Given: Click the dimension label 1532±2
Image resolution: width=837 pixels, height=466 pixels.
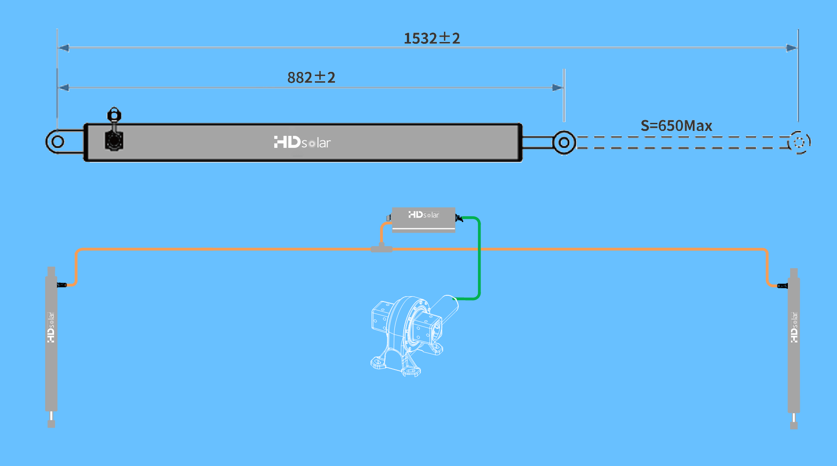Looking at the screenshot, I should (431, 38).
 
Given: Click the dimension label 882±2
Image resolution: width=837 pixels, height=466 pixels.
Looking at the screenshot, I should (311, 78).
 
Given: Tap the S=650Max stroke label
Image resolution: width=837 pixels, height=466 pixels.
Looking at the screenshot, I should (676, 126).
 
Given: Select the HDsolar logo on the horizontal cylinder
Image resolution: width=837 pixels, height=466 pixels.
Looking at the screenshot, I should (302, 143).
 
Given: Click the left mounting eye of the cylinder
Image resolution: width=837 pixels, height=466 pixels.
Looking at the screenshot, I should (58, 142).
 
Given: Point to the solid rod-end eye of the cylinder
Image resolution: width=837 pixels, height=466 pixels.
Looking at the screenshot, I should (564, 143).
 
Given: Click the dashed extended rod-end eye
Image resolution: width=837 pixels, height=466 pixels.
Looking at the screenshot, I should (799, 143).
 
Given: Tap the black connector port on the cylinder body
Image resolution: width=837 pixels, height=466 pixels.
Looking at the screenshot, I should (114, 141).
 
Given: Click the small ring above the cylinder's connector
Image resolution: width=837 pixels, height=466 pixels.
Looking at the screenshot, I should (114, 115).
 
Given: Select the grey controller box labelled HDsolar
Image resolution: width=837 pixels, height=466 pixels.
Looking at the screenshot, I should (423, 219).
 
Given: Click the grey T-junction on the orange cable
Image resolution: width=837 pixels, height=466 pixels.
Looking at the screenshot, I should (381, 248).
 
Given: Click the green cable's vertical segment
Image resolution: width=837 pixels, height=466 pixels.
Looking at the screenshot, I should (479, 259).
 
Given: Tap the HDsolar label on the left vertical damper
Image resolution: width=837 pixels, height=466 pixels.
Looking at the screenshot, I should (51, 327).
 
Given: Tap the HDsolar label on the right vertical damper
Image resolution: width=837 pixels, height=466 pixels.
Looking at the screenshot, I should (794, 327).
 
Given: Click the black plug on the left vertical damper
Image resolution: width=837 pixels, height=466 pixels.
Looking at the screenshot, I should (62, 285).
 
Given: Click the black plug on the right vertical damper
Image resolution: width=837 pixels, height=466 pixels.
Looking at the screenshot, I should (783, 286).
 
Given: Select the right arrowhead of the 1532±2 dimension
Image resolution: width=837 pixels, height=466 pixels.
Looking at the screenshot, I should (791, 48).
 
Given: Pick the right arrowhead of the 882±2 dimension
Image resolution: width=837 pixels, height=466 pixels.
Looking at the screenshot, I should (557, 88).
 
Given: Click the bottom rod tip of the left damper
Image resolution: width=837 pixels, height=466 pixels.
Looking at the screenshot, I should (51, 423).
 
